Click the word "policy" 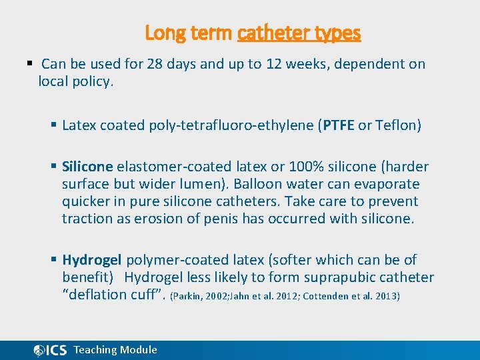pyautogui.click(x=93, y=81)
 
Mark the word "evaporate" pyautogui.click(x=387, y=184)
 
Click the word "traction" pyautogui.click(x=85, y=219)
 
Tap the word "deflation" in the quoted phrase pyautogui.click(x=97, y=295)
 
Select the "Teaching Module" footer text pyautogui.click(x=115, y=350)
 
